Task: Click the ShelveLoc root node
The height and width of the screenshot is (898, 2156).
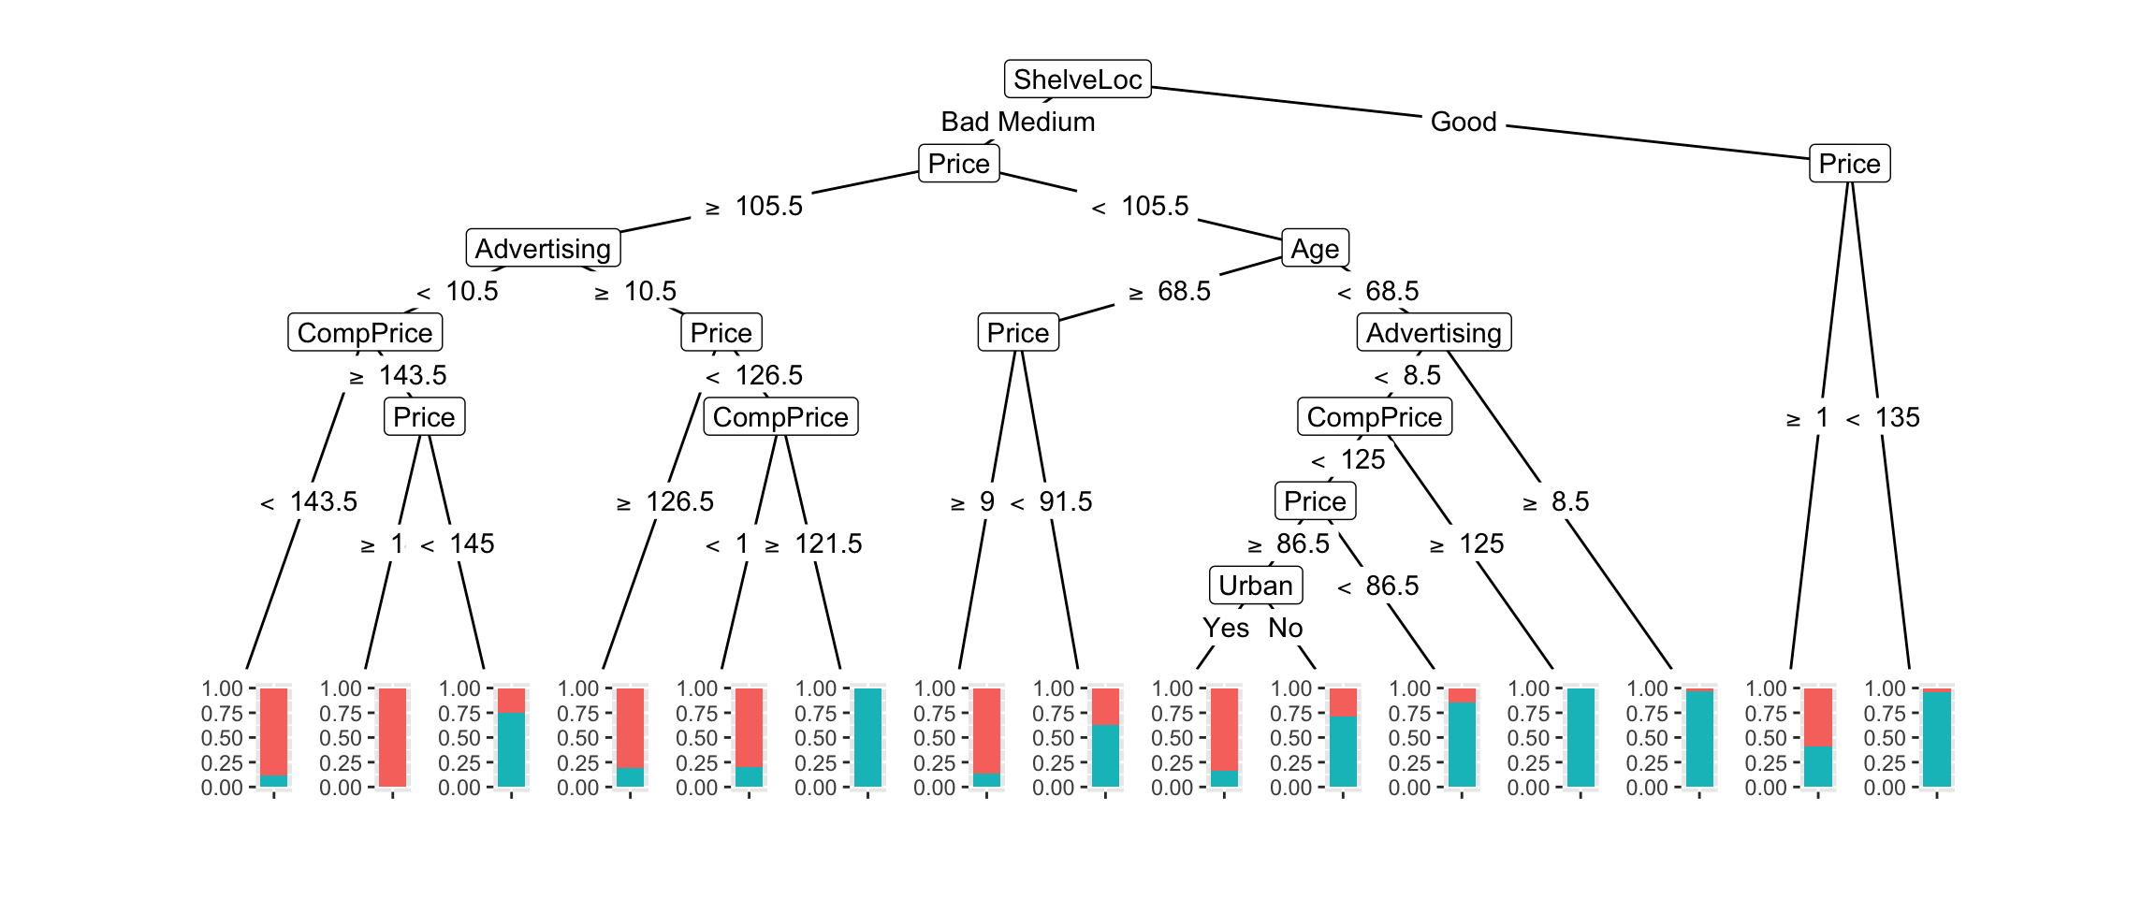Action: coord(1077,80)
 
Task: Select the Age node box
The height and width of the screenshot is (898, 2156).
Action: coord(1314,249)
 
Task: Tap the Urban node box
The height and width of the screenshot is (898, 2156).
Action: coord(1255,586)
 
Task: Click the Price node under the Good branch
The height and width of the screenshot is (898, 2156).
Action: coord(1849,164)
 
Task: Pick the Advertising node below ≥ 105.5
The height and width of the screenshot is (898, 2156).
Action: coord(543,249)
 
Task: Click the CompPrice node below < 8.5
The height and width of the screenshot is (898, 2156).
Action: coord(1374,417)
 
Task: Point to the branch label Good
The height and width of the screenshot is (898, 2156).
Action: coord(1464,122)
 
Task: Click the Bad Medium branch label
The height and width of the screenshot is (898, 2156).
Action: coord(1017,122)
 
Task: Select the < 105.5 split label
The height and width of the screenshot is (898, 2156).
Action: coord(1141,207)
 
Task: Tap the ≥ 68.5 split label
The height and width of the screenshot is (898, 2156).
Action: coord(1170,291)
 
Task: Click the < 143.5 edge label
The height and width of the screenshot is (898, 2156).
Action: coord(309,501)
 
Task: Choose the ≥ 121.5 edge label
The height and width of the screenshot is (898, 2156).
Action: coord(813,543)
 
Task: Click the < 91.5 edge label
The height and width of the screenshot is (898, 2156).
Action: coord(1051,501)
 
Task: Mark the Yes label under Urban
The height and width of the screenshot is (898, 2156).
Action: coord(1226,628)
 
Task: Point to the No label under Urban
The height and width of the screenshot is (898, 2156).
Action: coord(1285,628)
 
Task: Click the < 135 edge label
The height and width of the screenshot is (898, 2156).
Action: coord(1883,417)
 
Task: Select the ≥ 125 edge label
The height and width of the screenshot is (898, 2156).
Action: coord(1466,543)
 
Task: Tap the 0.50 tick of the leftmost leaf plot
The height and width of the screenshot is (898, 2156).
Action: coord(222,738)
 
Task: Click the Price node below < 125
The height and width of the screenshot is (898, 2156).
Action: coord(1314,501)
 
